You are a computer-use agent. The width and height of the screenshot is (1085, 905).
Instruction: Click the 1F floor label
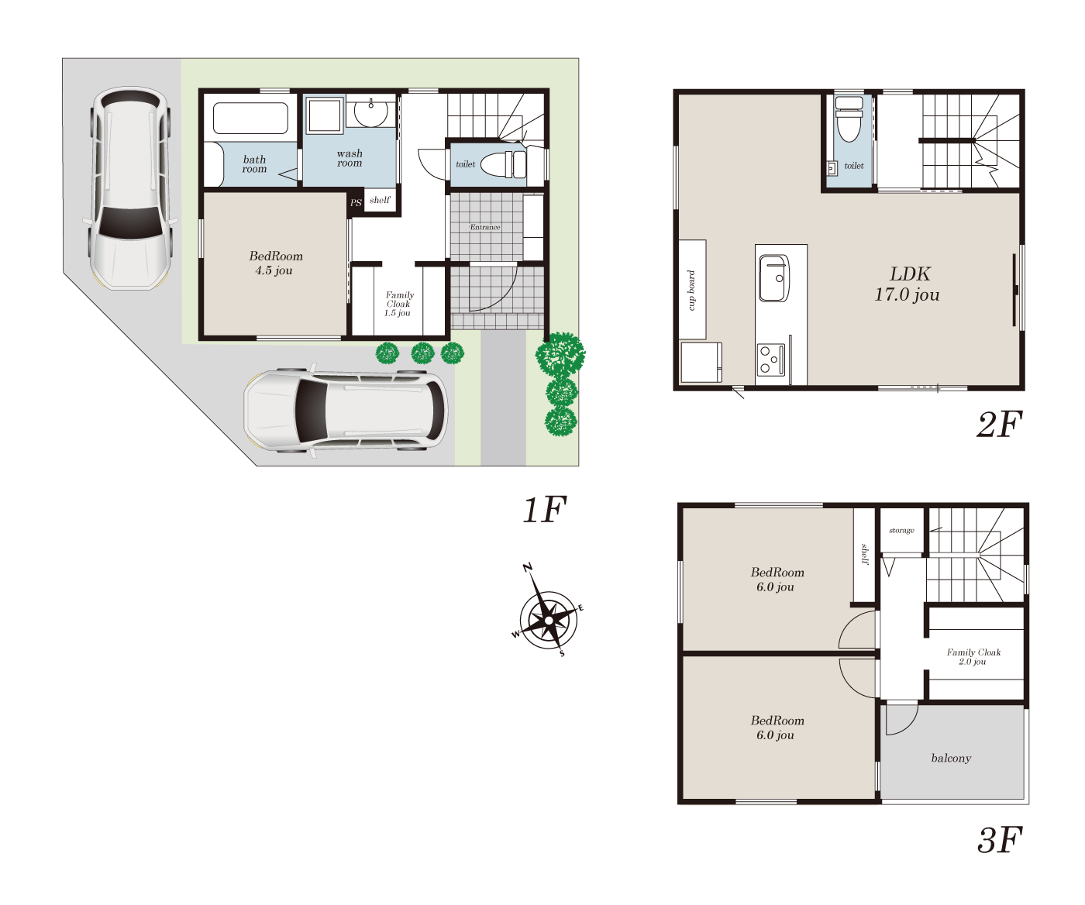tap(544, 510)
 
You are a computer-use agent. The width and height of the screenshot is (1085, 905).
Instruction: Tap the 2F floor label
tap(999, 425)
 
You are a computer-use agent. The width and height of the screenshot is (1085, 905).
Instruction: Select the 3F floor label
tap(1000, 840)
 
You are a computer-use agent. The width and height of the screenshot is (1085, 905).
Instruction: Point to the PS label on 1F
tap(356, 202)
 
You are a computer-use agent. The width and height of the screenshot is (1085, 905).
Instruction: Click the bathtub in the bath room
tap(250, 118)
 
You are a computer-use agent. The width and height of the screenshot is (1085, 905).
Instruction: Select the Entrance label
tap(485, 227)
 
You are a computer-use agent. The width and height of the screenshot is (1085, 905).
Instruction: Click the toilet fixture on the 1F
tap(504, 164)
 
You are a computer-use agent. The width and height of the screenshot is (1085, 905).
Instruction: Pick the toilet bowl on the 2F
tap(849, 119)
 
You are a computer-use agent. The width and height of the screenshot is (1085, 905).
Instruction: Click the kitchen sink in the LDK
tap(774, 278)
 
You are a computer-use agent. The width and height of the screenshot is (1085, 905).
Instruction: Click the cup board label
tap(691, 291)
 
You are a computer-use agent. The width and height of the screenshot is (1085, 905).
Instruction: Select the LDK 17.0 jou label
tap(908, 284)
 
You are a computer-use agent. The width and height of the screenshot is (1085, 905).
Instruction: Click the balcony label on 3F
tap(951, 758)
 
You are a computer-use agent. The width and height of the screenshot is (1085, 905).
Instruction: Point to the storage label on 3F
tap(901, 531)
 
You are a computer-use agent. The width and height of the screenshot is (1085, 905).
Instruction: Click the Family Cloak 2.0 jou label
tap(973, 657)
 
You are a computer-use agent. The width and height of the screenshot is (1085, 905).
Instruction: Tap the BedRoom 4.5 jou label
tap(275, 263)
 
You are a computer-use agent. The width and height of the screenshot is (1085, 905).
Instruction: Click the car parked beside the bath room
tap(130, 188)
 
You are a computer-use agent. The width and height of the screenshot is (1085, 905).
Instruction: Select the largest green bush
tap(560, 354)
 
